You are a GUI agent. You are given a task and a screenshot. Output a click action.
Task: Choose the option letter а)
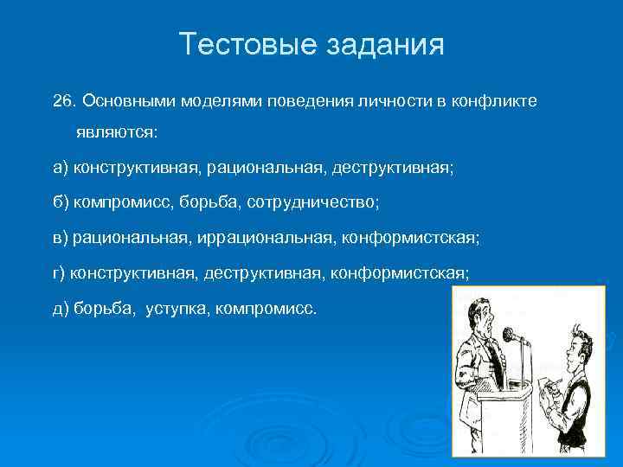(x=61, y=167)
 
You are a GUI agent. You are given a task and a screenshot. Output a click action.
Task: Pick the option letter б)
(x=61, y=201)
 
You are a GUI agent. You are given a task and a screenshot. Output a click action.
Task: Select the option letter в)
(x=61, y=235)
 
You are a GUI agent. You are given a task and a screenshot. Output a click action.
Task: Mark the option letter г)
(x=59, y=272)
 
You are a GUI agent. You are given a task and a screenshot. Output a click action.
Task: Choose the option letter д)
(x=61, y=309)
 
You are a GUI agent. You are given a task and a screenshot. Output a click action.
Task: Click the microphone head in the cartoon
(x=509, y=334)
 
